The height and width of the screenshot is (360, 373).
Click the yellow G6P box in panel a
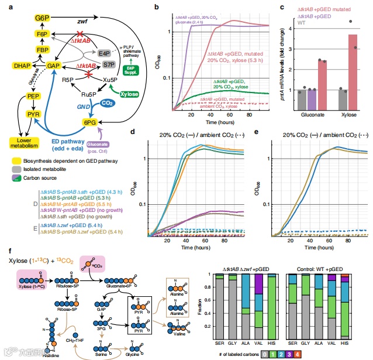[x=42, y=18]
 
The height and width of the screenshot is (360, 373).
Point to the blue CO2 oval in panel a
[x=107, y=103]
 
